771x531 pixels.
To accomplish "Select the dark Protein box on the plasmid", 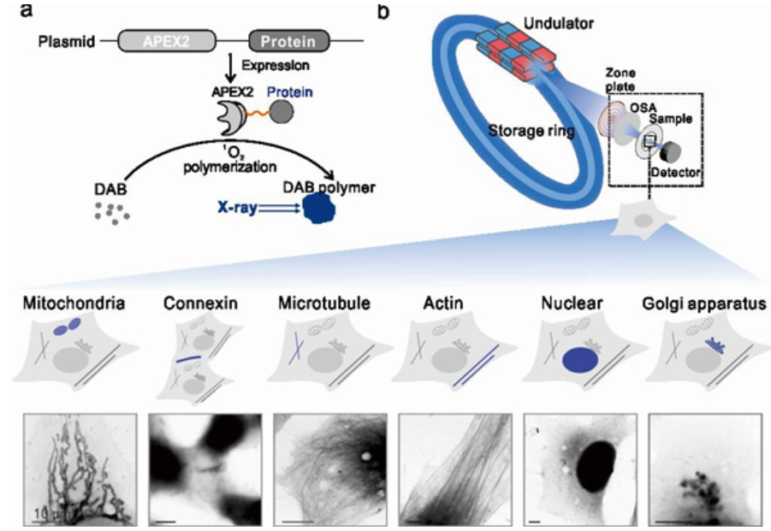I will click(288, 39).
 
